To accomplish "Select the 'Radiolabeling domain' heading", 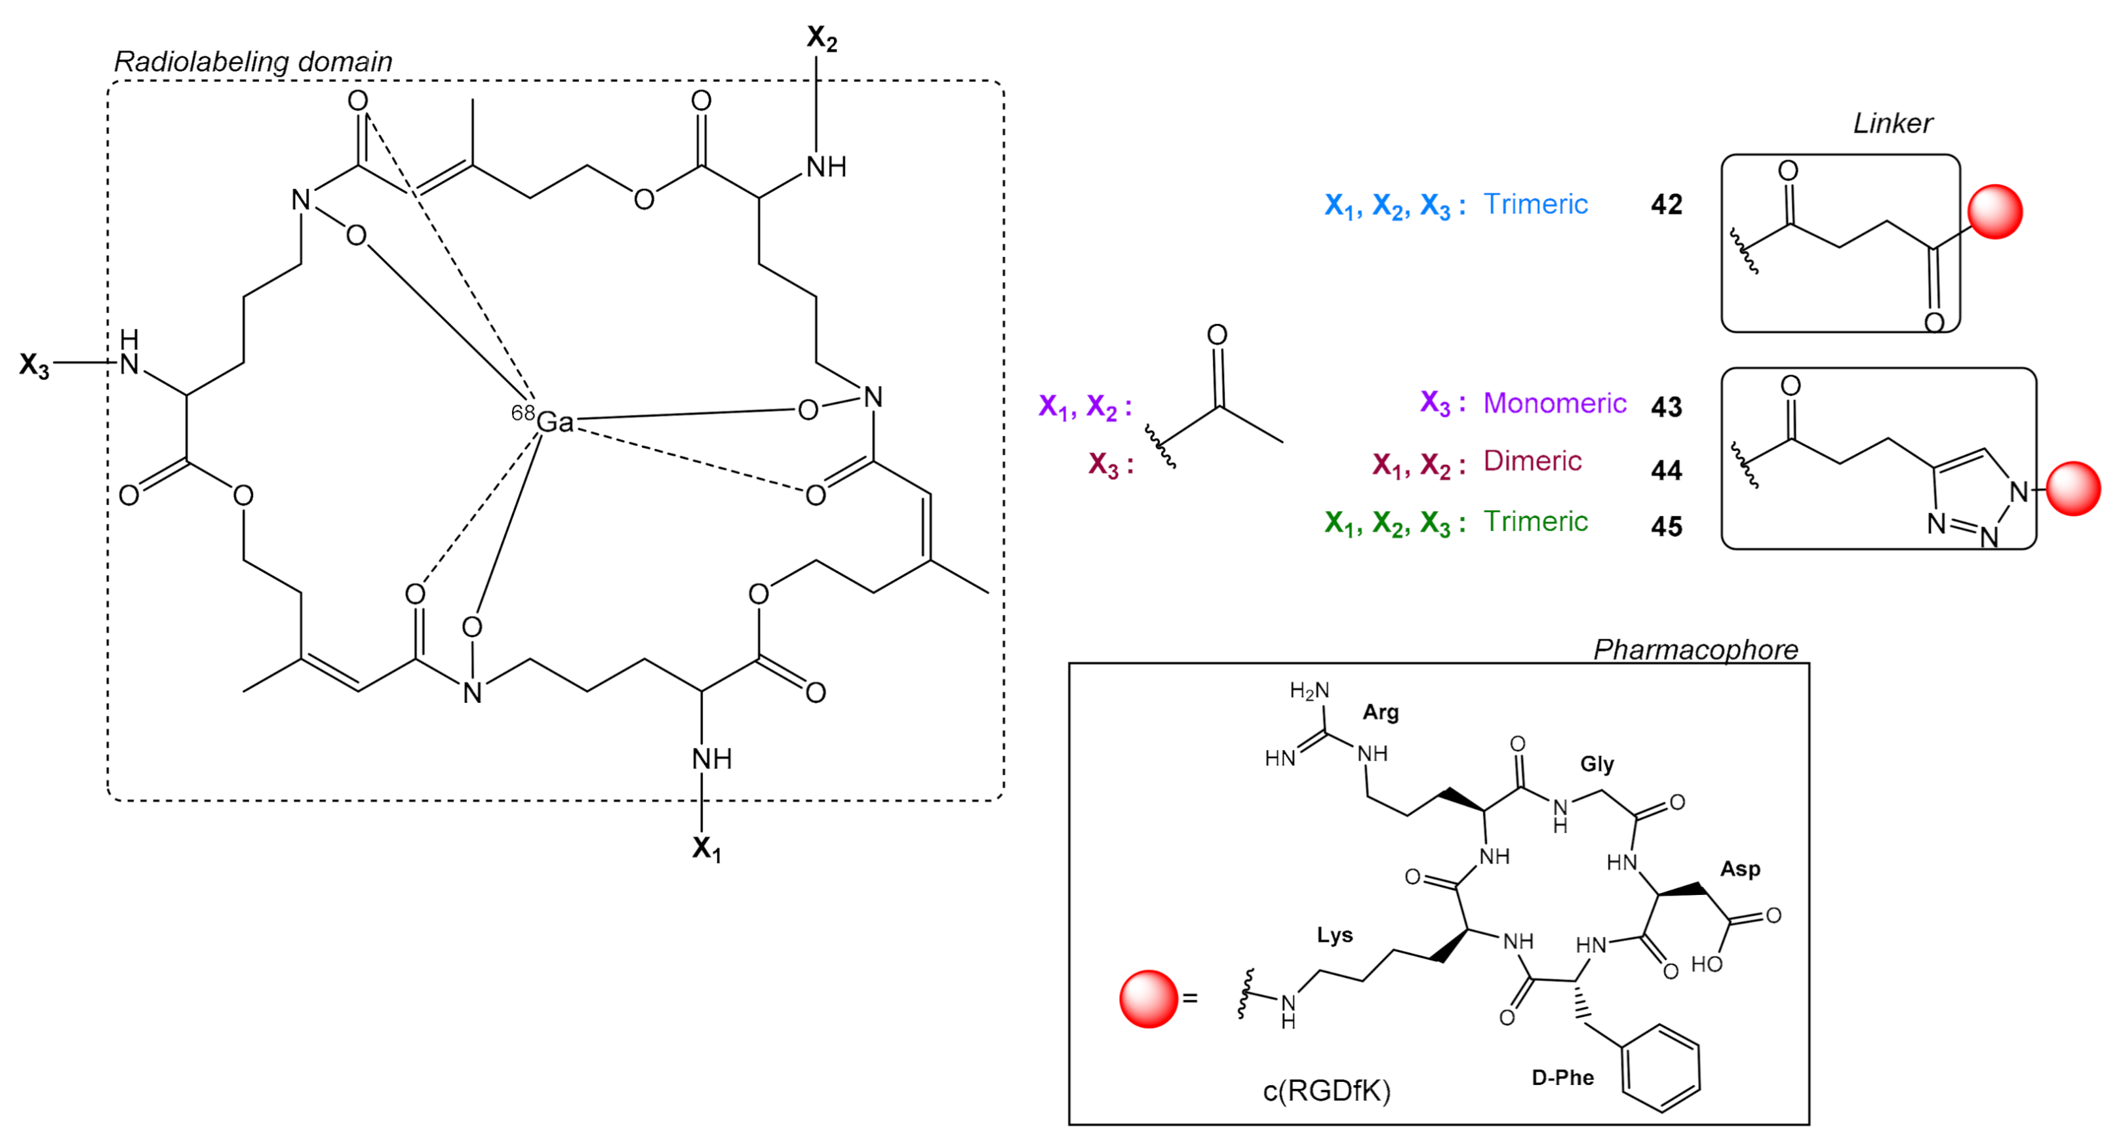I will (x=252, y=62).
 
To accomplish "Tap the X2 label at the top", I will (x=821, y=38).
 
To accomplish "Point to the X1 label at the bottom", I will (x=705, y=848).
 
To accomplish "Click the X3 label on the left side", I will (x=35, y=365).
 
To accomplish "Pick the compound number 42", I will (x=1666, y=204).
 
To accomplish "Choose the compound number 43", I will (x=1666, y=406).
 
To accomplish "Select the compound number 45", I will (x=1666, y=526).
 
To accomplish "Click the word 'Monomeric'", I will (x=1554, y=403).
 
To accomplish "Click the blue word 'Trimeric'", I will (x=1535, y=204).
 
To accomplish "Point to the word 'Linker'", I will (x=1892, y=123).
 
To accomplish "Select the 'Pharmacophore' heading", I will (x=1695, y=650).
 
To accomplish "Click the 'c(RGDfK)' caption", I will (x=1326, y=1090).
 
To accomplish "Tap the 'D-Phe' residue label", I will (x=1562, y=1077).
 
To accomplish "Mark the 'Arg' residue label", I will (x=1380, y=711).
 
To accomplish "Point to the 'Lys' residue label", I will (x=1334, y=935).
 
